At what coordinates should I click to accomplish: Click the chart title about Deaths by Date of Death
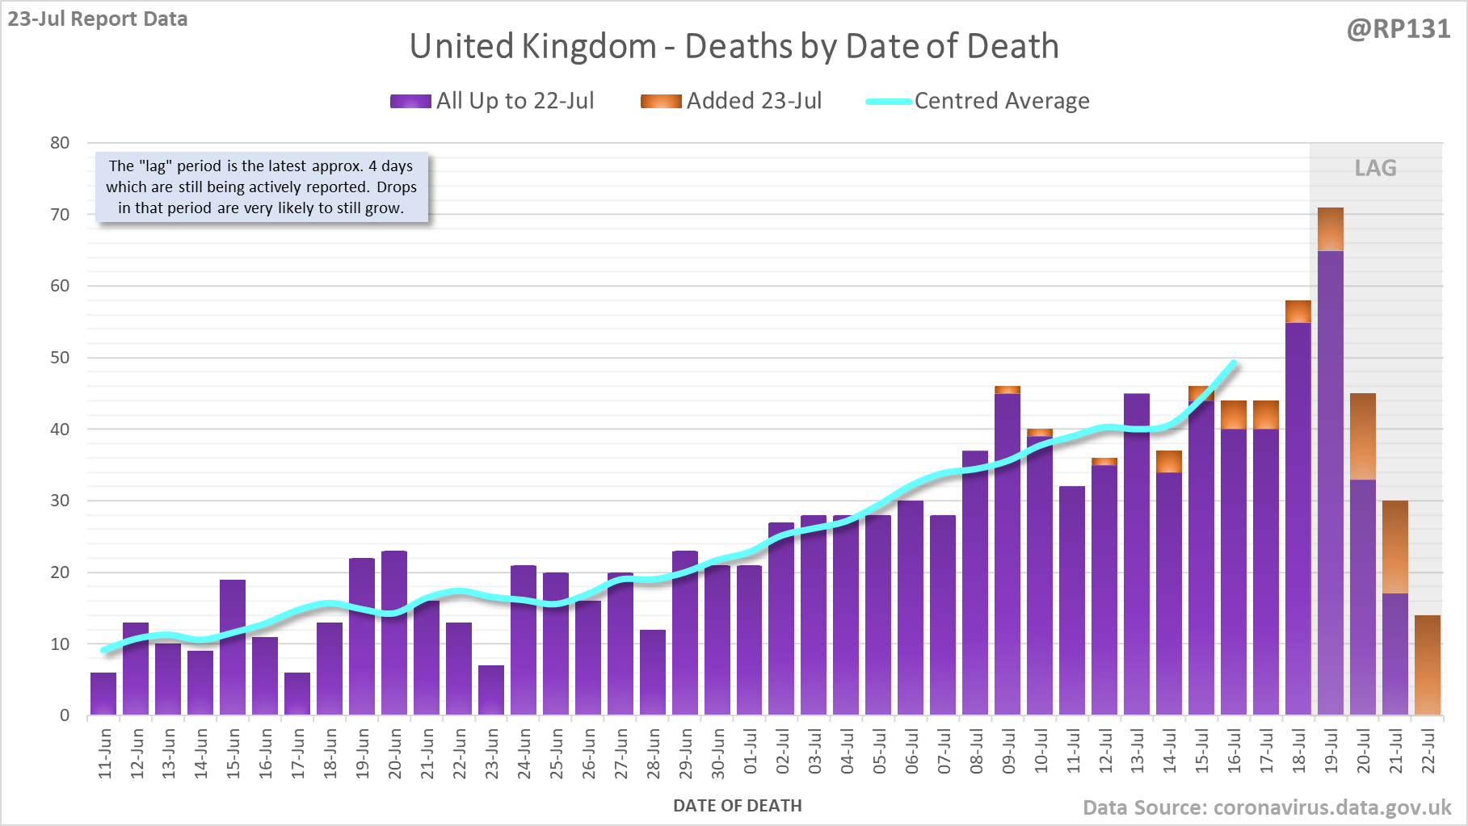[734, 46]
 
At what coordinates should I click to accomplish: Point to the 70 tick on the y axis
[60, 215]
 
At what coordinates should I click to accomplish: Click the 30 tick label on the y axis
[60, 501]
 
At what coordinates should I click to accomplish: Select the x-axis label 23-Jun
[492, 753]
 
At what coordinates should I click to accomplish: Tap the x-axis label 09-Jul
[1008, 752]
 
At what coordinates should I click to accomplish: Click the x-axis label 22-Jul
[1428, 752]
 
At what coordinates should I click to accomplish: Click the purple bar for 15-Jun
[233, 647]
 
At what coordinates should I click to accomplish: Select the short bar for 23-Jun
[491, 690]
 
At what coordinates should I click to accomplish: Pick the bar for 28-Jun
[653, 673]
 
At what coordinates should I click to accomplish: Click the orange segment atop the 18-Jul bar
[1298, 312]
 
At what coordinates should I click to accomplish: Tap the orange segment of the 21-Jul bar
[1395, 547]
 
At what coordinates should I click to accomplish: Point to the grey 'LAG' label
[1375, 168]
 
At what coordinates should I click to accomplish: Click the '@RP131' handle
[1399, 29]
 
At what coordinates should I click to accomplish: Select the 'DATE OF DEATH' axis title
[737, 806]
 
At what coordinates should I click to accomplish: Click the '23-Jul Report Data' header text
[98, 19]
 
